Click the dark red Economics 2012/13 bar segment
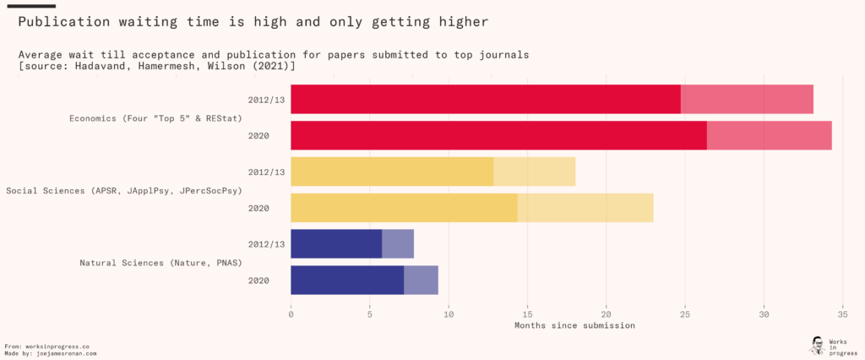click(x=486, y=99)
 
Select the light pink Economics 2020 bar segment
click(x=769, y=135)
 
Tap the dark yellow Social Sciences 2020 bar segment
click(x=404, y=208)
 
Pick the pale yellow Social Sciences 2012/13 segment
click(x=534, y=172)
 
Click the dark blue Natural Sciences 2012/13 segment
click(x=336, y=243)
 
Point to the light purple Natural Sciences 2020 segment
click(x=421, y=280)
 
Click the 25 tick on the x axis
click(x=685, y=315)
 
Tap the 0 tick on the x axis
click(x=291, y=315)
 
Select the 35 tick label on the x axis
click(x=842, y=315)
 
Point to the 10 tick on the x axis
click(x=449, y=315)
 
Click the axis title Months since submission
click(x=574, y=325)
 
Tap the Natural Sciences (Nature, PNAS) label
click(x=160, y=262)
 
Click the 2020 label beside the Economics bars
click(x=258, y=135)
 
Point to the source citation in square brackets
click(x=156, y=65)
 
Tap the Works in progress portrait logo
click(x=817, y=345)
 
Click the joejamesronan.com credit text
click(x=67, y=353)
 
